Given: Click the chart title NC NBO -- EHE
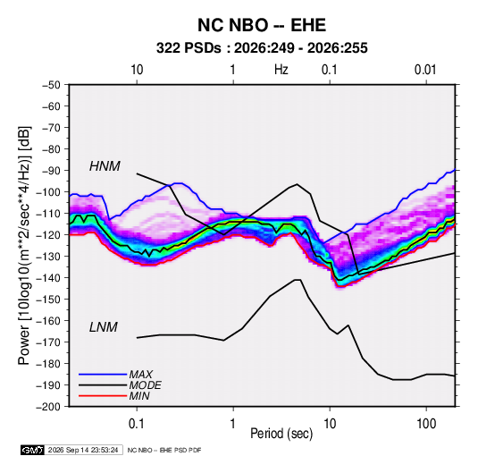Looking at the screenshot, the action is [x=262, y=25].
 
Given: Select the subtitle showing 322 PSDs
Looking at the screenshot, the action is [x=262, y=48].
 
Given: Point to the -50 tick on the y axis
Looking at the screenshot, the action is [x=51, y=85].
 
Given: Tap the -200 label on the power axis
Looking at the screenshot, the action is [x=48, y=407].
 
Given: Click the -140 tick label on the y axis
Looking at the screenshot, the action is [x=48, y=278].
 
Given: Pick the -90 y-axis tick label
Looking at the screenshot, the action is [x=51, y=171].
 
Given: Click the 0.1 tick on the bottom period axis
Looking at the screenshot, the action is [x=137, y=424].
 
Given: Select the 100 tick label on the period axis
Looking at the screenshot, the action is [x=426, y=424].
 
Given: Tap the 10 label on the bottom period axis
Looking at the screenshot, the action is [x=330, y=424].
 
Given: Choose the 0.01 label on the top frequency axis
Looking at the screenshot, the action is [x=425, y=70].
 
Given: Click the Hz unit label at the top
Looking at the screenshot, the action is [x=281, y=70].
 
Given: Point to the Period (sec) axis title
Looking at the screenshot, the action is [x=281, y=434].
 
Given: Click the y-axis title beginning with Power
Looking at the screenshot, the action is [x=24, y=246].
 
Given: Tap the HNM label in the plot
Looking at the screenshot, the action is [x=105, y=166].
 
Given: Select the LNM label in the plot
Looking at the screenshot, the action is [x=104, y=327].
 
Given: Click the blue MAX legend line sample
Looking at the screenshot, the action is [x=103, y=374].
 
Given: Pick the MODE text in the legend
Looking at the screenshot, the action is [x=145, y=385].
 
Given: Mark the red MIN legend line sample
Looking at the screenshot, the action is [x=103, y=396].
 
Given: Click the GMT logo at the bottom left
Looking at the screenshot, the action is [x=33, y=450].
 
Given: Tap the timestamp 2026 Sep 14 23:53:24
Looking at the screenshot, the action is [x=83, y=450].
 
